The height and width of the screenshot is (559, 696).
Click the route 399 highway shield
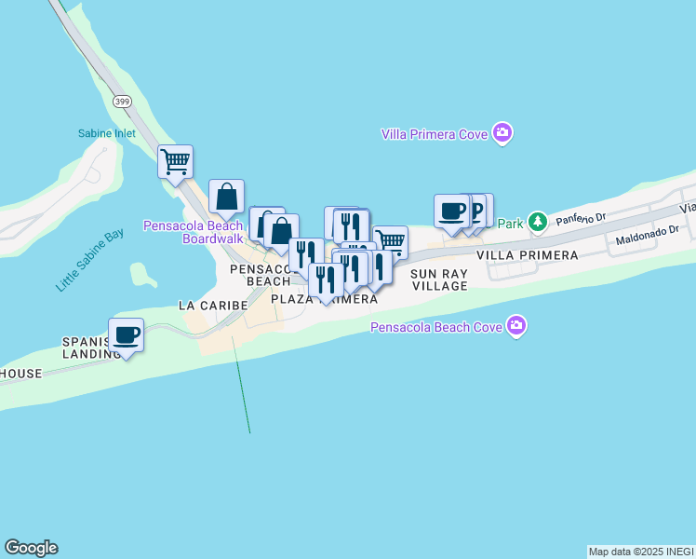pos(121,101)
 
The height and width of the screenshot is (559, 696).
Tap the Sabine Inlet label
pos(106,133)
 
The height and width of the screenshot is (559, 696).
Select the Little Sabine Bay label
pos(89,260)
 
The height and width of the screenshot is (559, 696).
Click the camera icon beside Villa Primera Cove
pos(502,133)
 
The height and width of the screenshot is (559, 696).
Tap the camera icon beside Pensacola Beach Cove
pos(516,326)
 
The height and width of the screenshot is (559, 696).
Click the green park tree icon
pos(537,223)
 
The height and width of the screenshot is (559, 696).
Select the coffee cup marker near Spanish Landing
pos(126,335)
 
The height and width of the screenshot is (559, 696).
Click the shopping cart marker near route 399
pos(175,162)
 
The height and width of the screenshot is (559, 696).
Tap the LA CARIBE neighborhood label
pos(213,305)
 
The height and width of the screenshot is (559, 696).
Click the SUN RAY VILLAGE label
pos(439,279)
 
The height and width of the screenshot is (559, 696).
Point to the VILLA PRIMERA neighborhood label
pos(527,254)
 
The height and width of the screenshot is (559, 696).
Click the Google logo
pos(31,548)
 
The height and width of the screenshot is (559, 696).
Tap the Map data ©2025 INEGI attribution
pos(641,552)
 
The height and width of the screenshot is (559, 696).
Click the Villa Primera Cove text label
pos(435,134)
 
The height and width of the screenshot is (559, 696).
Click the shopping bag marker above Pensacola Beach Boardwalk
pos(227,197)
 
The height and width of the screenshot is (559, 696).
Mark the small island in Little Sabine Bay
pos(142,274)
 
